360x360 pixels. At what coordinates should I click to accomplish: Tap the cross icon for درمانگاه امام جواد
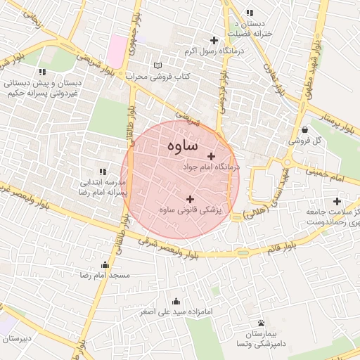[211, 156]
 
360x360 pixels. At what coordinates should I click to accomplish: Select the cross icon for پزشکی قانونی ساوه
[190, 199]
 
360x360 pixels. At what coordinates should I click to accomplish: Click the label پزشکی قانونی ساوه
[190, 210]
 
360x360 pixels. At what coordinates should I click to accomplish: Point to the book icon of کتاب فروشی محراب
[157, 65]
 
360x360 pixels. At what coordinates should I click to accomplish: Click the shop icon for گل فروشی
[304, 130]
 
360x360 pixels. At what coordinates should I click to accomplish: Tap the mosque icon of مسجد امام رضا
[105, 265]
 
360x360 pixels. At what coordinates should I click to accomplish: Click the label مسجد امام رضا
[105, 276]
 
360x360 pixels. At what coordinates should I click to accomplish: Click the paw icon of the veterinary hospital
[260, 323]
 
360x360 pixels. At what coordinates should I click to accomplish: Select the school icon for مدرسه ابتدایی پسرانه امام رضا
[103, 171]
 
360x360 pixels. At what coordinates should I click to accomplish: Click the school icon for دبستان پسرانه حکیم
[43, 72]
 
